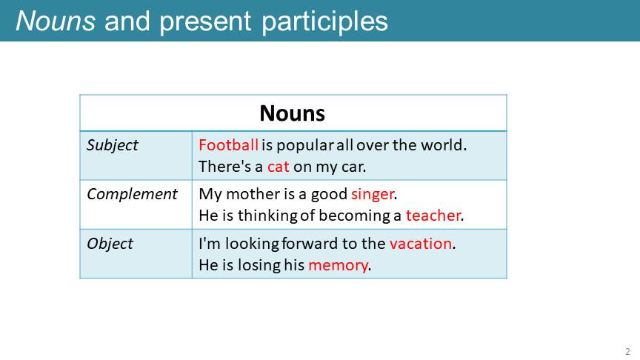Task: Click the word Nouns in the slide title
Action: [56, 21]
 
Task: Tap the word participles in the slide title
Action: [325, 22]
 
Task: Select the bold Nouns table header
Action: [293, 113]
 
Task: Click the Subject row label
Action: [113, 146]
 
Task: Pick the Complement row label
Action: [132, 195]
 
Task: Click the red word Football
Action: [228, 145]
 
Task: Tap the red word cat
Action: [279, 167]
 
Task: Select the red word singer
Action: [373, 195]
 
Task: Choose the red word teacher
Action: [433, 216]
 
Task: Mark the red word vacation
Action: [421, 244]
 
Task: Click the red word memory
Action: [338, 266]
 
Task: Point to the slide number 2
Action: [627, 351]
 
